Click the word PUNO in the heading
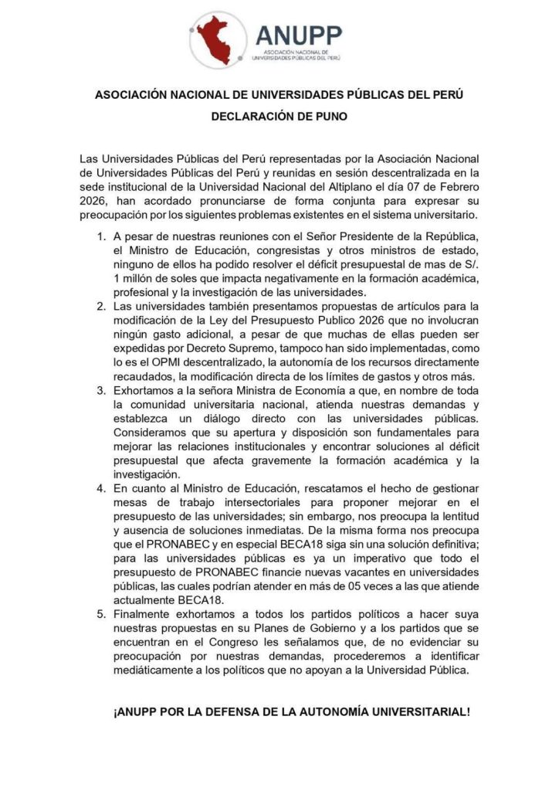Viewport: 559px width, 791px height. tap(327, 117)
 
